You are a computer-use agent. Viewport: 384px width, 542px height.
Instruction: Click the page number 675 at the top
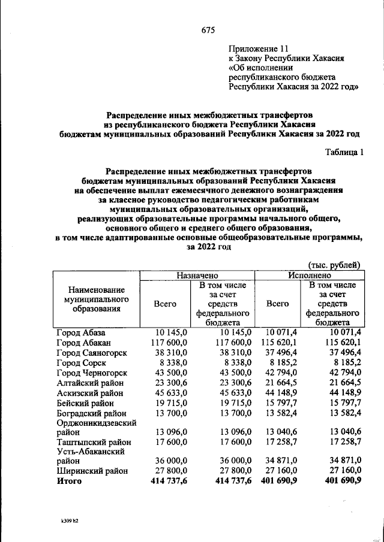(208, 30)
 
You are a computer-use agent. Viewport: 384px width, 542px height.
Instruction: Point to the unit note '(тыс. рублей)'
(334, 264)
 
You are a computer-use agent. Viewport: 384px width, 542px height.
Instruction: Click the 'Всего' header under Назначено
(165, 304)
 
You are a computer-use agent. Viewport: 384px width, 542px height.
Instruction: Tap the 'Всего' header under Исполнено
(277, 304)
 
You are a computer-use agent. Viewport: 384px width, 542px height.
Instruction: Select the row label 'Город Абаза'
(81, 332)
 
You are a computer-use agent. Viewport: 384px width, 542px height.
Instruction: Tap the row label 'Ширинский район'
(92, 471)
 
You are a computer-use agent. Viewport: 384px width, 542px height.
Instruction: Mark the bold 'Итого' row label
(69, 482)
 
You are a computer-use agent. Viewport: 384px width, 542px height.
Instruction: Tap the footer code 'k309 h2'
(66, 520)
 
